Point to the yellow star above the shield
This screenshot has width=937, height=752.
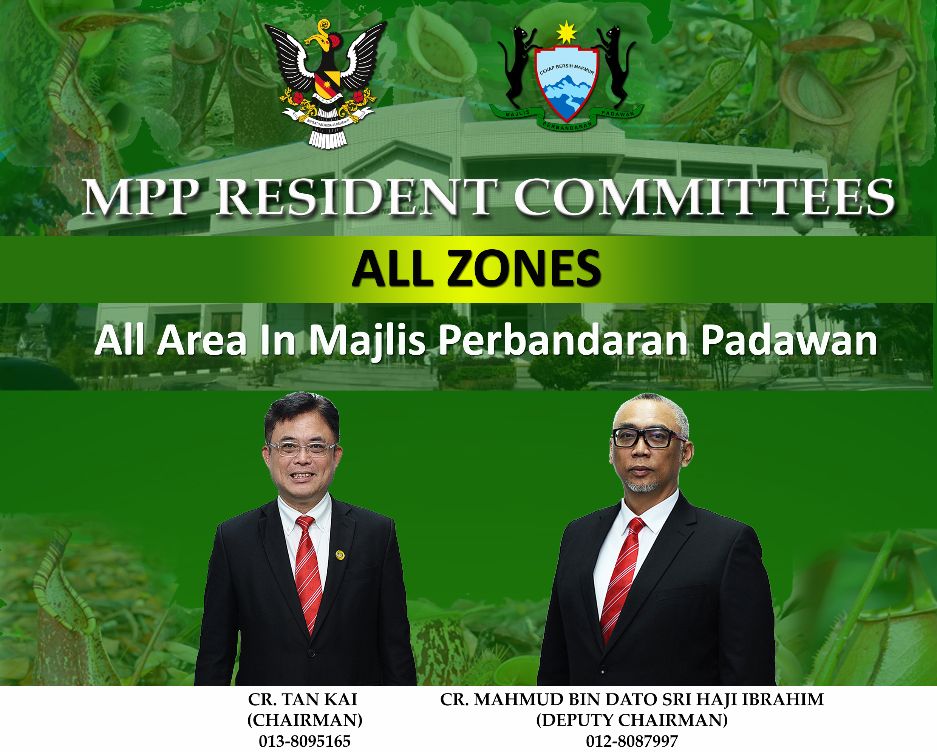[x=566, y=33]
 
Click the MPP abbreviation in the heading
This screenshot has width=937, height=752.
[x=141, y=198]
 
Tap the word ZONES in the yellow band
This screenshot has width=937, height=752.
[x=524, y=269]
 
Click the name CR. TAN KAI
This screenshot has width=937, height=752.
[x=303, y=699]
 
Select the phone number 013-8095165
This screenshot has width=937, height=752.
[x=305, y=741]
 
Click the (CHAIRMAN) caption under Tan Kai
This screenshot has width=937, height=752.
[x=305, y=720]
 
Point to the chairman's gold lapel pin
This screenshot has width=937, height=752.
[x=340, y=555]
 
